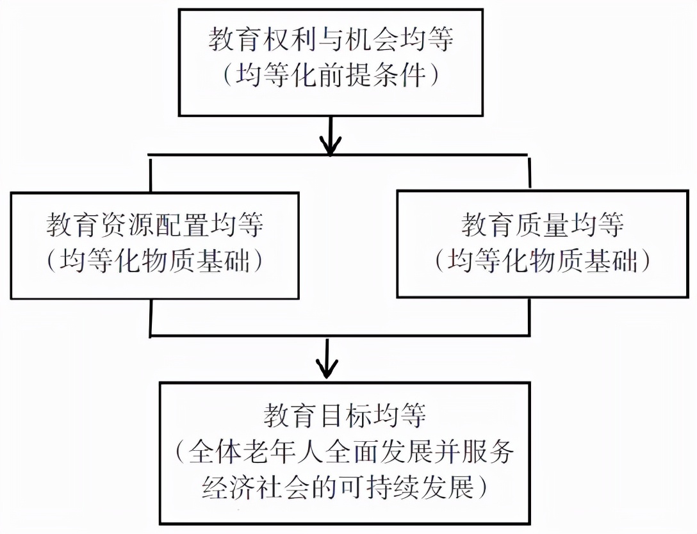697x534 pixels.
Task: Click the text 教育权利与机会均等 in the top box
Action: point(331,40)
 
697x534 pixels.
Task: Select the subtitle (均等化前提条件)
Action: point(331,77)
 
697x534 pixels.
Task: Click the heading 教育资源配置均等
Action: point(155,225)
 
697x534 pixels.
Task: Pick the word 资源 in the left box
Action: point(127,225)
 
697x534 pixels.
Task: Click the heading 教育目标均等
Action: point(345,416)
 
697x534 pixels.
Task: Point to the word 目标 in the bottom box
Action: point(345,416)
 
